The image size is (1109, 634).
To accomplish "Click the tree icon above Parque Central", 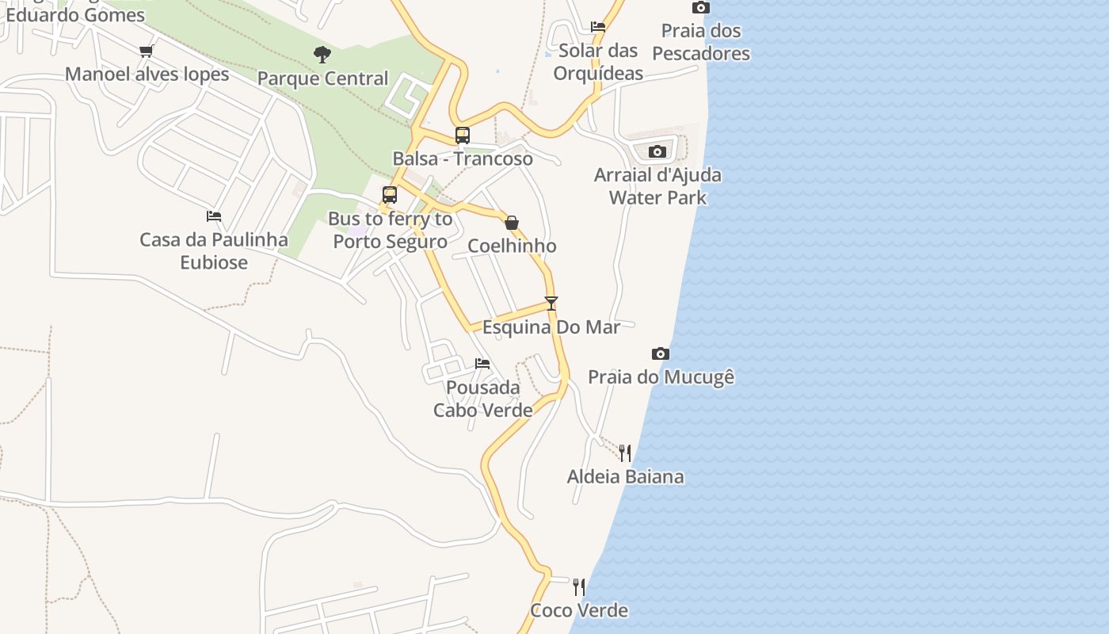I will (322, 55).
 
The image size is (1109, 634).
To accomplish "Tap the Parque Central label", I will (322, 78).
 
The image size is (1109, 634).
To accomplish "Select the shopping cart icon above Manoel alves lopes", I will (146, 52).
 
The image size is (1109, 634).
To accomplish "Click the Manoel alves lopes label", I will (147, 74).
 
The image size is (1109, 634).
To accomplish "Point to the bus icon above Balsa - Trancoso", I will (463, 135).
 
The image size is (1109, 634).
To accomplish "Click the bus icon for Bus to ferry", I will (389, 195).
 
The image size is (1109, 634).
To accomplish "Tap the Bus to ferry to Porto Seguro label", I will (391, 230).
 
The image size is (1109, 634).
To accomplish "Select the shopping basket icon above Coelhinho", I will (512, 223).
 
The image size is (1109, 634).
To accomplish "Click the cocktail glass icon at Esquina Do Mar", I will (551, 303).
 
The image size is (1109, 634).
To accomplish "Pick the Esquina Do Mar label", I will (551, 327).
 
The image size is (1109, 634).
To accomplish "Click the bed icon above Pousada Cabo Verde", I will (482, 364).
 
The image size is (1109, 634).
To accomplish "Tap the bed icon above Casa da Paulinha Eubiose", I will (213, 216).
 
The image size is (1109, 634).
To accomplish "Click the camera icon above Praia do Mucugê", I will (661, 353).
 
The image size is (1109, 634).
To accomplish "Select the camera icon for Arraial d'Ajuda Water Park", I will (657, 151).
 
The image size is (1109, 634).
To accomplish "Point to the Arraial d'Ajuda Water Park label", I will (657, 185).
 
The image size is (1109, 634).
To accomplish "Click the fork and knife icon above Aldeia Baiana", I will (626, 453).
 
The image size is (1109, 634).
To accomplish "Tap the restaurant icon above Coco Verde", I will (579, 587).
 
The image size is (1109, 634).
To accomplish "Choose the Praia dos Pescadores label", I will (701, 42).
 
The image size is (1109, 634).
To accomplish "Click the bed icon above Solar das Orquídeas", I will (598, 27).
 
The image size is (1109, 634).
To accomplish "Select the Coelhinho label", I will (512, 246).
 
